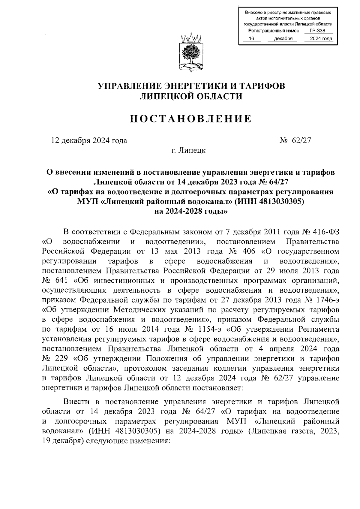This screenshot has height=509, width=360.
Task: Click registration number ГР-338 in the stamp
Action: (317, 31)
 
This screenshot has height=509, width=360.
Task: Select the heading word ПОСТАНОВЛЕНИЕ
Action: (191, 119)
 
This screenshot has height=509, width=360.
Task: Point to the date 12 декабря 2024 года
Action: (89, 140)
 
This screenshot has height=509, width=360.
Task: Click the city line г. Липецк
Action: (189, 150)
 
